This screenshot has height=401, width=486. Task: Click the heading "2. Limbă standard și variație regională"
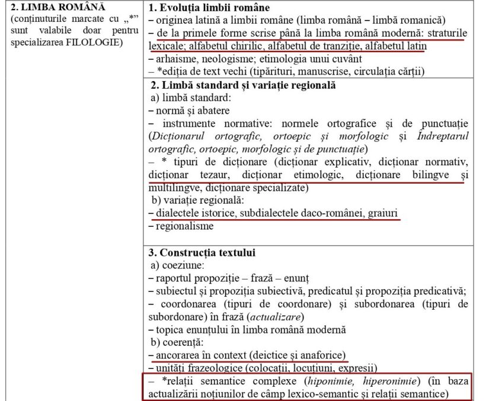(x=243, y=85)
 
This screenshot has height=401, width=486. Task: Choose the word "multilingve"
(x=172, y=187)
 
